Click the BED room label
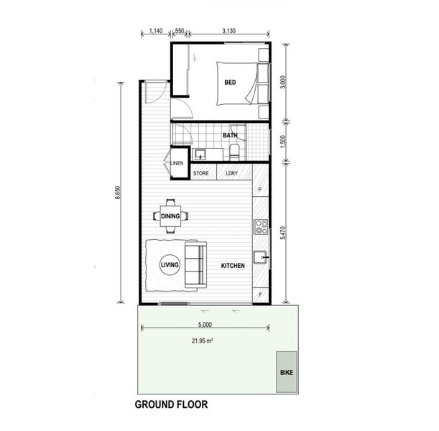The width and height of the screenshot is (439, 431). [x=230, y=83]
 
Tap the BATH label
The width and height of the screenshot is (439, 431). [x=230, y=136]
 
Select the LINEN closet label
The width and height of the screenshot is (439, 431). [x=177, y=163]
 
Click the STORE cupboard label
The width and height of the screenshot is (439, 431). [x=200, y=173]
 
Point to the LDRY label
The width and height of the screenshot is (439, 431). [x=232, y=173]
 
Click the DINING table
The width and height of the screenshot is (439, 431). [x=170, y=216]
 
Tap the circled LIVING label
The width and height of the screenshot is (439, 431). [x=170, y=265]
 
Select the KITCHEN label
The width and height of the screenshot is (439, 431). [x=233, y=266]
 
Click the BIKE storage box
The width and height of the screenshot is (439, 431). [x=287, y=372]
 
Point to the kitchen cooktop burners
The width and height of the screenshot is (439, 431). [x=262, y=227]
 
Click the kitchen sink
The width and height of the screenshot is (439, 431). [x=261, y=257]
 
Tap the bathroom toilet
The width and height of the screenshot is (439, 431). [x=234, y=152]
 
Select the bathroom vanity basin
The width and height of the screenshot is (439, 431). [x=200, y=154]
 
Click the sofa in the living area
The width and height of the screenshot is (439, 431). [x=195, y=265]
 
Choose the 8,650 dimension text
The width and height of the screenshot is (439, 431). [x=118, y=193]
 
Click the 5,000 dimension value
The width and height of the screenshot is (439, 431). [x=205, y=325]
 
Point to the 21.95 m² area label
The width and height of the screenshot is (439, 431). [x=203, y=341]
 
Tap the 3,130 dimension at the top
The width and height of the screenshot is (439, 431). [x=228, y=31]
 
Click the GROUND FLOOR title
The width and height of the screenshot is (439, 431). [x=171, y=404]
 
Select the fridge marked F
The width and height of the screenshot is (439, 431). [x=260, y=295]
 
